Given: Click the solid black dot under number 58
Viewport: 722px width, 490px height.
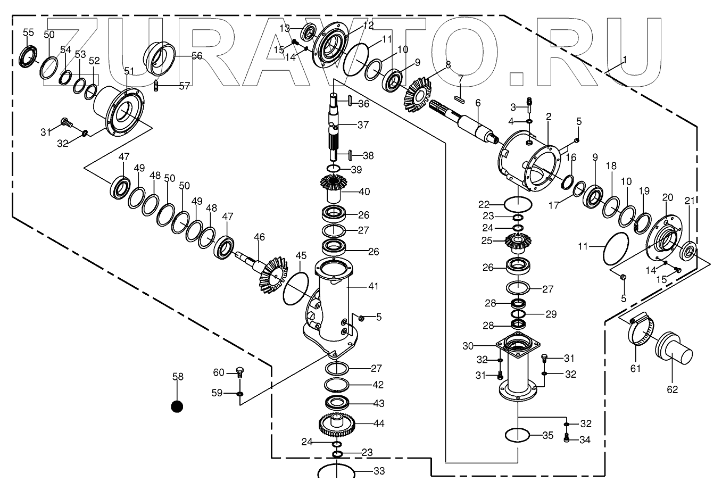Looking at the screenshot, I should click(x=177, y=406).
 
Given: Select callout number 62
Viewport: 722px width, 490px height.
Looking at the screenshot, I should click(x=673, y=389).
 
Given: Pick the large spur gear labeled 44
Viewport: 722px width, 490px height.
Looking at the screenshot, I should click(x=336, y=424).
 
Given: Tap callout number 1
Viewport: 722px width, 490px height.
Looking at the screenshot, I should click(x=625, y=60).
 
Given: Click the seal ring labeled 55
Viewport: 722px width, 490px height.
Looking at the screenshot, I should click(x=28, y=56).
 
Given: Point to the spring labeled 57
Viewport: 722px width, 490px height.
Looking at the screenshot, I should click(x=156, y=85).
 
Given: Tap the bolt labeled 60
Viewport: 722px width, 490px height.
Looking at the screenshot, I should click(x=239, y=372).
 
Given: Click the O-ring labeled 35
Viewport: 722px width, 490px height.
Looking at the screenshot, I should click(x=517, y=435).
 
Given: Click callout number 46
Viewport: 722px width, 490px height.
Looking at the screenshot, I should click(x=259, y=237).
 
